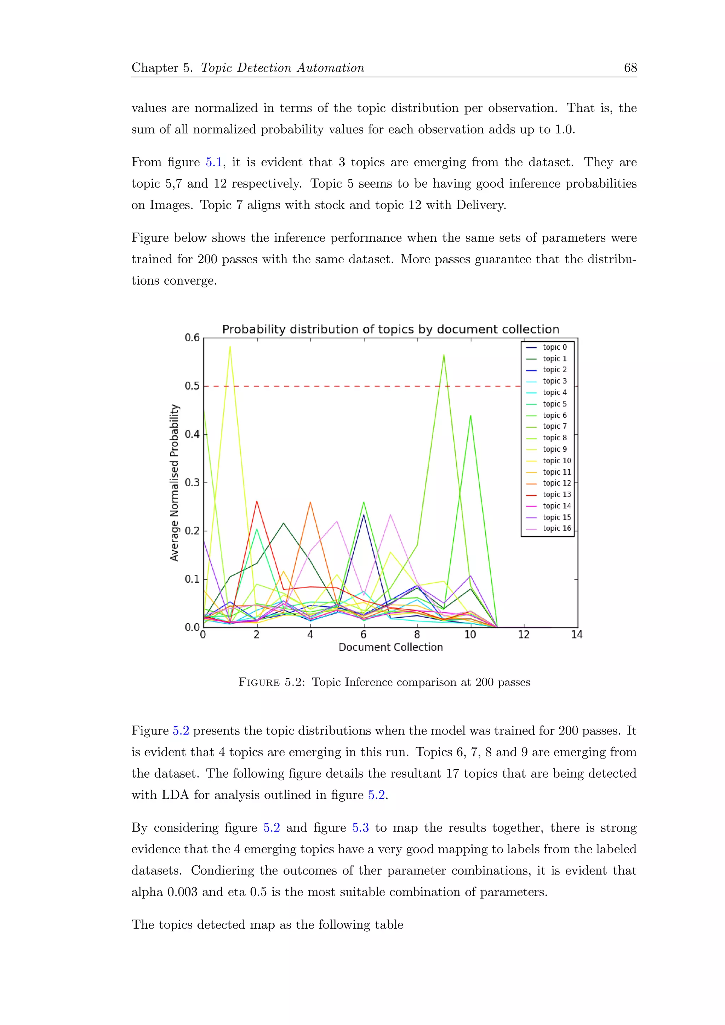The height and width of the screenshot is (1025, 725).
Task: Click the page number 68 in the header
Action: [x=630, y=68]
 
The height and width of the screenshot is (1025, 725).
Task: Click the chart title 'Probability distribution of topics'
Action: [x=390, y=330]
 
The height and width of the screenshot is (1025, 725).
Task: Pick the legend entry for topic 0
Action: [x=554, y=347]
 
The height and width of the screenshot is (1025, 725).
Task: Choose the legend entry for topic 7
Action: [x=554, y=426]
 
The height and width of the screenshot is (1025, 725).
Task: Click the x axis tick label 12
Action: [x=523, y=635]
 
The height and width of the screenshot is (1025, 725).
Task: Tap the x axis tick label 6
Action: [x=364, y=635]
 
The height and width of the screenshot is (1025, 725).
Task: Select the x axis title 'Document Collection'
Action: [x=390, y=647]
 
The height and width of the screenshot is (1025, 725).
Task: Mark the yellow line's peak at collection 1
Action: [x=230, y=347]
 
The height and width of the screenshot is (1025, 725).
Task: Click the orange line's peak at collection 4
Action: [x=310, y=502]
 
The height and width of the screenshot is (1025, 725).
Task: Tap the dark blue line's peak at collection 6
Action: [x=364, y=515]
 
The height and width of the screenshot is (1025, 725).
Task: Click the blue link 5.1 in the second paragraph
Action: [x=214, y=162]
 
